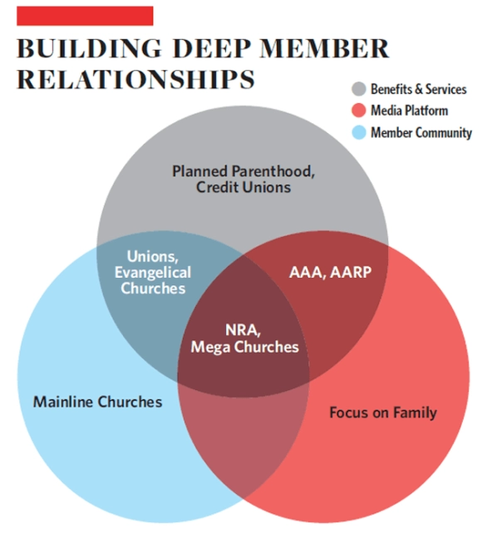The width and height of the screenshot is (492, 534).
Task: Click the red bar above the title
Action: [x=85, y=16]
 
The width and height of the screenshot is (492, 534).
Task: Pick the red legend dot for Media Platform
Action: [x=359, y=111]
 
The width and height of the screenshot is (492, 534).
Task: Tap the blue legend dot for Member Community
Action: [x=359, y=132]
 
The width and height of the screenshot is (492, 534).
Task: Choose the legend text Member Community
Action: [x=422, y=132]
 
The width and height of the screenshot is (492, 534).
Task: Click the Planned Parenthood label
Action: [x=243, y=171]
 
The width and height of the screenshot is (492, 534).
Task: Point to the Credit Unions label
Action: [x=244, y=187]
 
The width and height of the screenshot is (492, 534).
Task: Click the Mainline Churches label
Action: [x=97, y=402]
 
